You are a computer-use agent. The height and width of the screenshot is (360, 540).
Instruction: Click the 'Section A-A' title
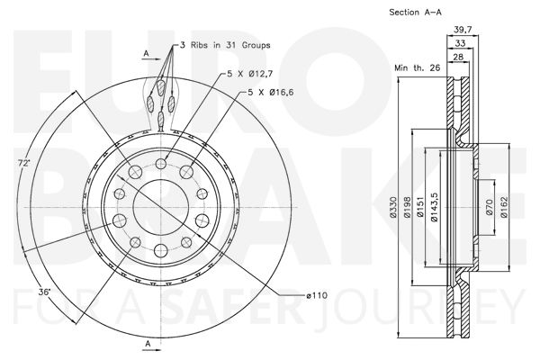click(415, 12)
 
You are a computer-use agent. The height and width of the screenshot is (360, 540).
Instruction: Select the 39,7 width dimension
click(463, 30)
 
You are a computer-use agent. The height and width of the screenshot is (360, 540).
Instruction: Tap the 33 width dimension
click(460, 43)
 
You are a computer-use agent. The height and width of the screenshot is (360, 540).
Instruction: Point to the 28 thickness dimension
click(458, 57)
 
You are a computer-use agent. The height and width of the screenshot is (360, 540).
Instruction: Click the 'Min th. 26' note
click(417, 67)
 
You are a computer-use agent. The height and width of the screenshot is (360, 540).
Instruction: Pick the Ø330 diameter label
click(393, 207)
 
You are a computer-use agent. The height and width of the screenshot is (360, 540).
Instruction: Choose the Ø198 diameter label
click(407, 207)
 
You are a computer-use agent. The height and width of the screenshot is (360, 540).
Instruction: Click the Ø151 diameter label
click(419, 207)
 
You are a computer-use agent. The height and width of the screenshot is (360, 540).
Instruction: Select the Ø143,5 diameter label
click(434, 207)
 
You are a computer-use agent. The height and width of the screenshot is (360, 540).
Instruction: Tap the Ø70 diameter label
click(490, 207)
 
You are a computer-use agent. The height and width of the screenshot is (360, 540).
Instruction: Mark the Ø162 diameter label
click(504, 207)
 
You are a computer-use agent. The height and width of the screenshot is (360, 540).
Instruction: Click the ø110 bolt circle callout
click(317, 295)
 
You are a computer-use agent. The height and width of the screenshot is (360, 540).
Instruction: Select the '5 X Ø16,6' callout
click(271, 93)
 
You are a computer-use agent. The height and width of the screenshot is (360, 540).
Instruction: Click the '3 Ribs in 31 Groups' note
click(226, 45)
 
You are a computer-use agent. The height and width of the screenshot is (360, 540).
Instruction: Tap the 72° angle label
click(24, 163)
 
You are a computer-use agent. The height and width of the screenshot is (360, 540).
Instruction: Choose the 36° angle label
click(44, 292)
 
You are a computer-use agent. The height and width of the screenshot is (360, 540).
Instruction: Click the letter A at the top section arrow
click(146, 53)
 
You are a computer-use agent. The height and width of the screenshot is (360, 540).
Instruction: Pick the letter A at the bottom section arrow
click(148, 344)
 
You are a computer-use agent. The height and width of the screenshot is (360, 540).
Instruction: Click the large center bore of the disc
click(161, 207)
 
